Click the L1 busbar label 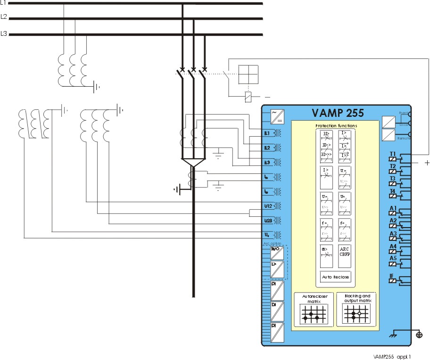click(x=3, y=3)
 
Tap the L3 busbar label click(x=3, y=33)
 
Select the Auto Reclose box click(x=335, y=277)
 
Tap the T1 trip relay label click(x=392, y=154)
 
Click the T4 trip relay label click(x=392, y=191)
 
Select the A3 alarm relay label click(x=393, y=233)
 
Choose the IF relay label click(x=391, y=276)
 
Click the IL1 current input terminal click(x=267, y=133)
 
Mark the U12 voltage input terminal click(x=267, y=206)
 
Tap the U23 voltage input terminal click(x=267, y=220)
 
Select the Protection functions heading click(x=336, y=126)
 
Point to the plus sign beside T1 click(x=427, y=163)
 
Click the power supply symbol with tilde click(x=276, y=115)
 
